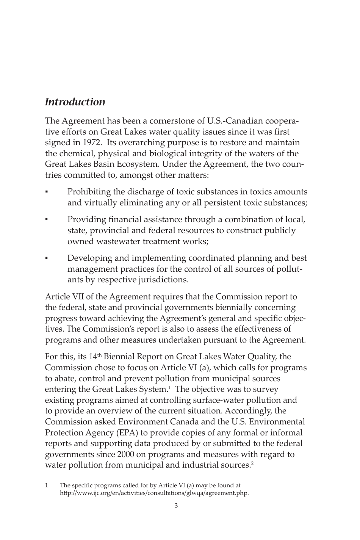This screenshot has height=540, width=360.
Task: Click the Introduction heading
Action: (x=75, y=102)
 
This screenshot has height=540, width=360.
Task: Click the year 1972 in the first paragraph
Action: (x=89, y=143)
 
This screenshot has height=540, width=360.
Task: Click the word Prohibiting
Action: (x=89, y=192)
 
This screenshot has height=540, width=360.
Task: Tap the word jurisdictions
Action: (x=162, y=280)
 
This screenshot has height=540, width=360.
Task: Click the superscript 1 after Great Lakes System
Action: (x=170, y=387)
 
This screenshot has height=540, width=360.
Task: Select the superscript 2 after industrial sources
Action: (x=252, y=463)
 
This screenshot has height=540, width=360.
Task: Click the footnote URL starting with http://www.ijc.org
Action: (x=154, y=493)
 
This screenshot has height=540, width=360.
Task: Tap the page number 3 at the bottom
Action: (x=176, y=506)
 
